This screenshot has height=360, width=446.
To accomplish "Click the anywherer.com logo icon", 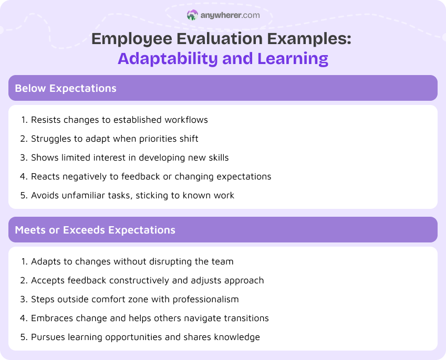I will tap(192, 15).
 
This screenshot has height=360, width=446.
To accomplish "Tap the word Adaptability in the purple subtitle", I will tap(168, 58).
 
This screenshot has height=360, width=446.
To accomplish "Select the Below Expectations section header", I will tap(66, 88).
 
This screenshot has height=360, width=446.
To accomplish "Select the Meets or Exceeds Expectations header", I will tap(95, 230).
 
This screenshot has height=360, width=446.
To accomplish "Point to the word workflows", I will tap(186, 120).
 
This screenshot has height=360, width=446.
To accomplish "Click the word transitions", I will tap(245, 318).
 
